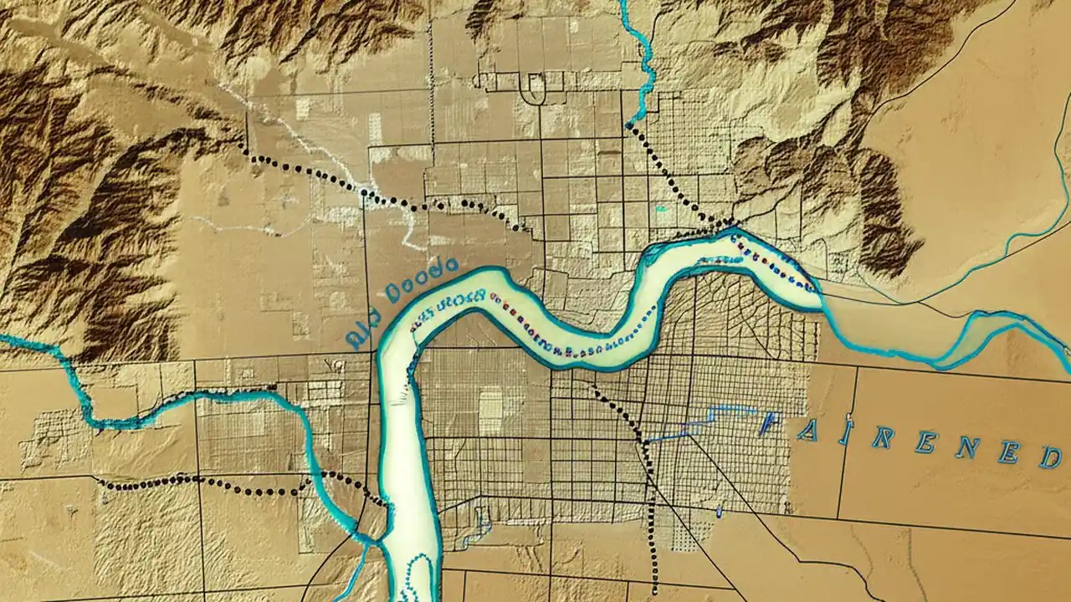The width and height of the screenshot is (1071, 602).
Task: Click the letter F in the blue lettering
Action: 770,424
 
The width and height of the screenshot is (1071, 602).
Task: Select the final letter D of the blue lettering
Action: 1050,456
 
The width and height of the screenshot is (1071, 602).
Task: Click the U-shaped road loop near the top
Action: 533,87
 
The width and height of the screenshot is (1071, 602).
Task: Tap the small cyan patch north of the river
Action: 660,208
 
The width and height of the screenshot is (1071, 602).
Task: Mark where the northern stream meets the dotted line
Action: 628,126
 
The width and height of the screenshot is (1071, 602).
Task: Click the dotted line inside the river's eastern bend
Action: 770,259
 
